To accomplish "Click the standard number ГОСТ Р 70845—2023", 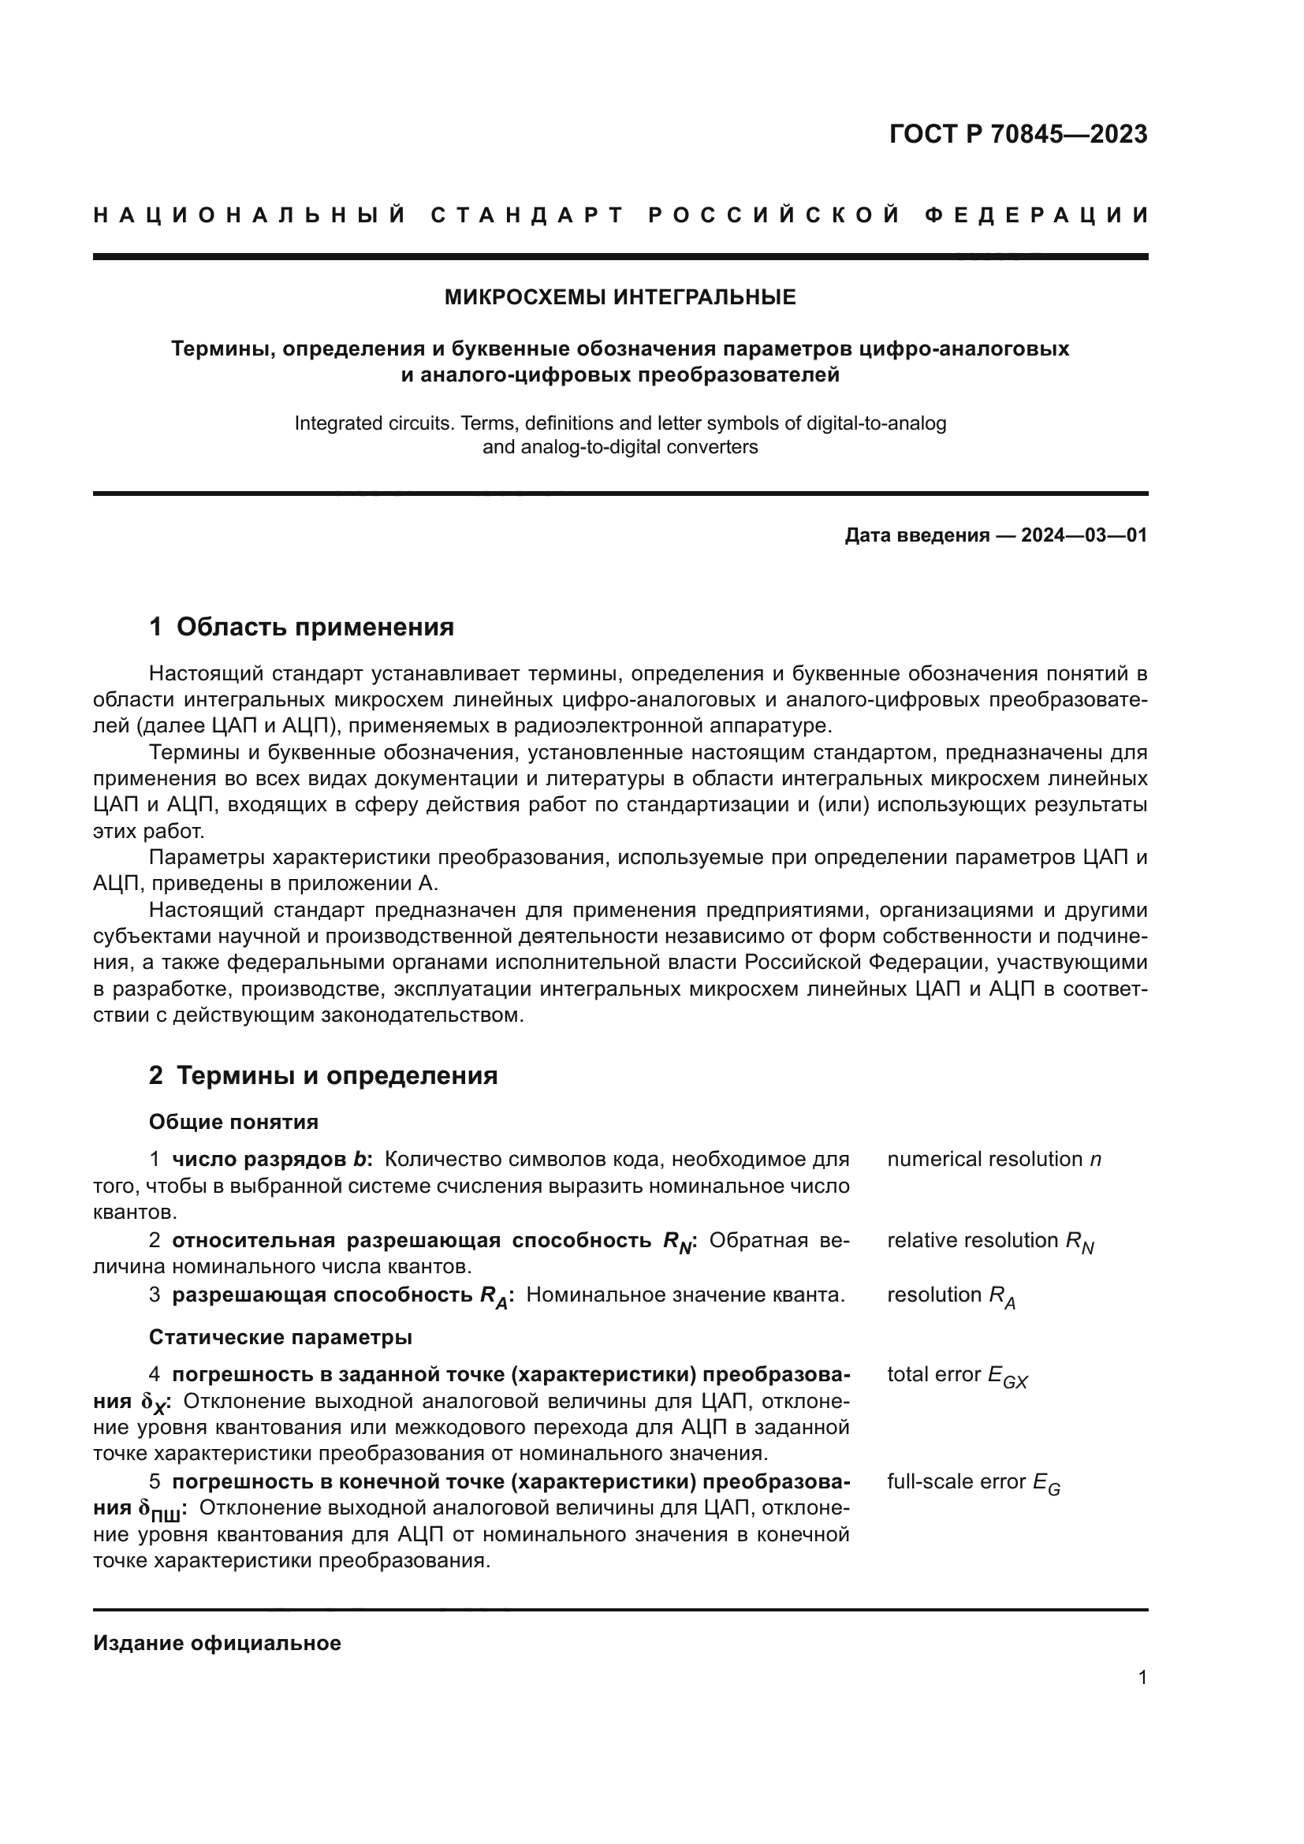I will click(x=1017, y=134).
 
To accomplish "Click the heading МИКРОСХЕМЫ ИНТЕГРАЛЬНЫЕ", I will click(x=620, y=297).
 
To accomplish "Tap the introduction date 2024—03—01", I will click(x=1083, y=535).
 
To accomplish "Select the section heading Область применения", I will click(x=315, y=627).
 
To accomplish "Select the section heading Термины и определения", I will click(x=337, y=1075).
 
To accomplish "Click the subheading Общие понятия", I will click(x=233, y=1122).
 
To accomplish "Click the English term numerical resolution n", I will click(x=993, y=1160).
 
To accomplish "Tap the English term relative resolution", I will click(x=972, y=1241).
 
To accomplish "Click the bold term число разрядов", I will click(x=259, y=1160).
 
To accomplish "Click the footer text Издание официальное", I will click(x=217, y=1643).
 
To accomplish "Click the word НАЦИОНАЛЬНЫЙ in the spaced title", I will click(x=249, y=215).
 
